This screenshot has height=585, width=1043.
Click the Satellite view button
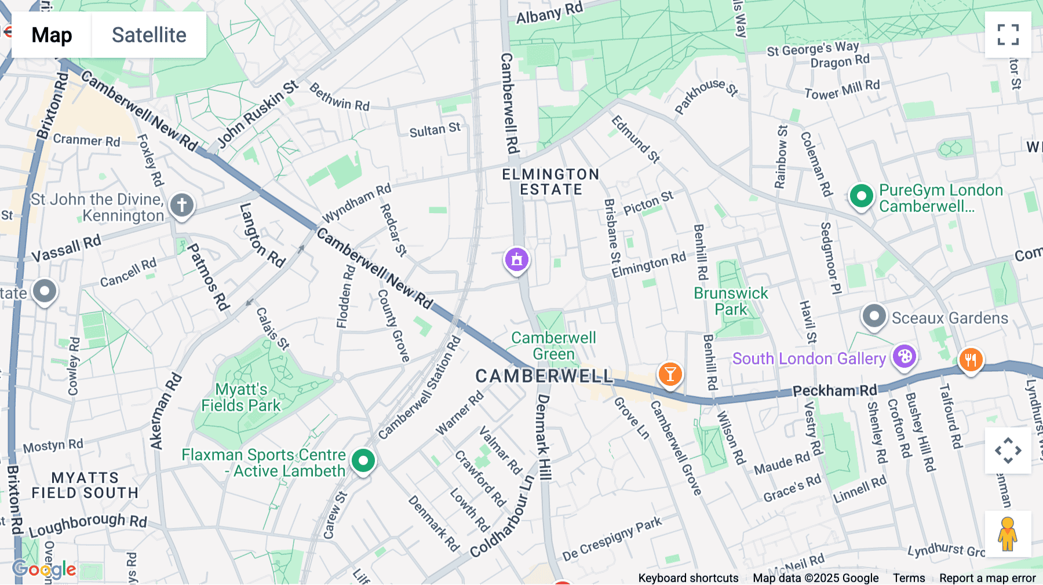pos(149,35)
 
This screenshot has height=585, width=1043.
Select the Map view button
pos(52,35)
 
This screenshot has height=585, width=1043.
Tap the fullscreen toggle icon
pos(1008,35)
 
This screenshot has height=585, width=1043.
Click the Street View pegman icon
pos(1008,534)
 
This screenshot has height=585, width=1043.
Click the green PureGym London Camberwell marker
pos(861,196)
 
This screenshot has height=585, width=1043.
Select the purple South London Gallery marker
pos(904,356)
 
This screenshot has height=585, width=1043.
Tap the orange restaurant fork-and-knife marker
pos(971,360)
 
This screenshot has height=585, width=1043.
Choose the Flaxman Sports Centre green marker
pos(363,462)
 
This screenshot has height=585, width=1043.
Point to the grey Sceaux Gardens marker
pos(874,316)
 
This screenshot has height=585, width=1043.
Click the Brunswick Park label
pos(731,301)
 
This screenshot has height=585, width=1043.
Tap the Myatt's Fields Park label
pos(241,397)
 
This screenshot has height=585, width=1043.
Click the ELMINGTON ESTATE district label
pos(550,182)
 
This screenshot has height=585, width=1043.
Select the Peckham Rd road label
pos(834,391)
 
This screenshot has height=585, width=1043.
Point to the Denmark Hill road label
pos(544,437)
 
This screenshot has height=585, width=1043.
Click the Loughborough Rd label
pos(88,525)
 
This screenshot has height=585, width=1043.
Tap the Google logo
pos(44,569)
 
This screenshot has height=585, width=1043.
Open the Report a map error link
pos(987,578)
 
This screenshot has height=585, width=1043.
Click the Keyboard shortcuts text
pos(688,578)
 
